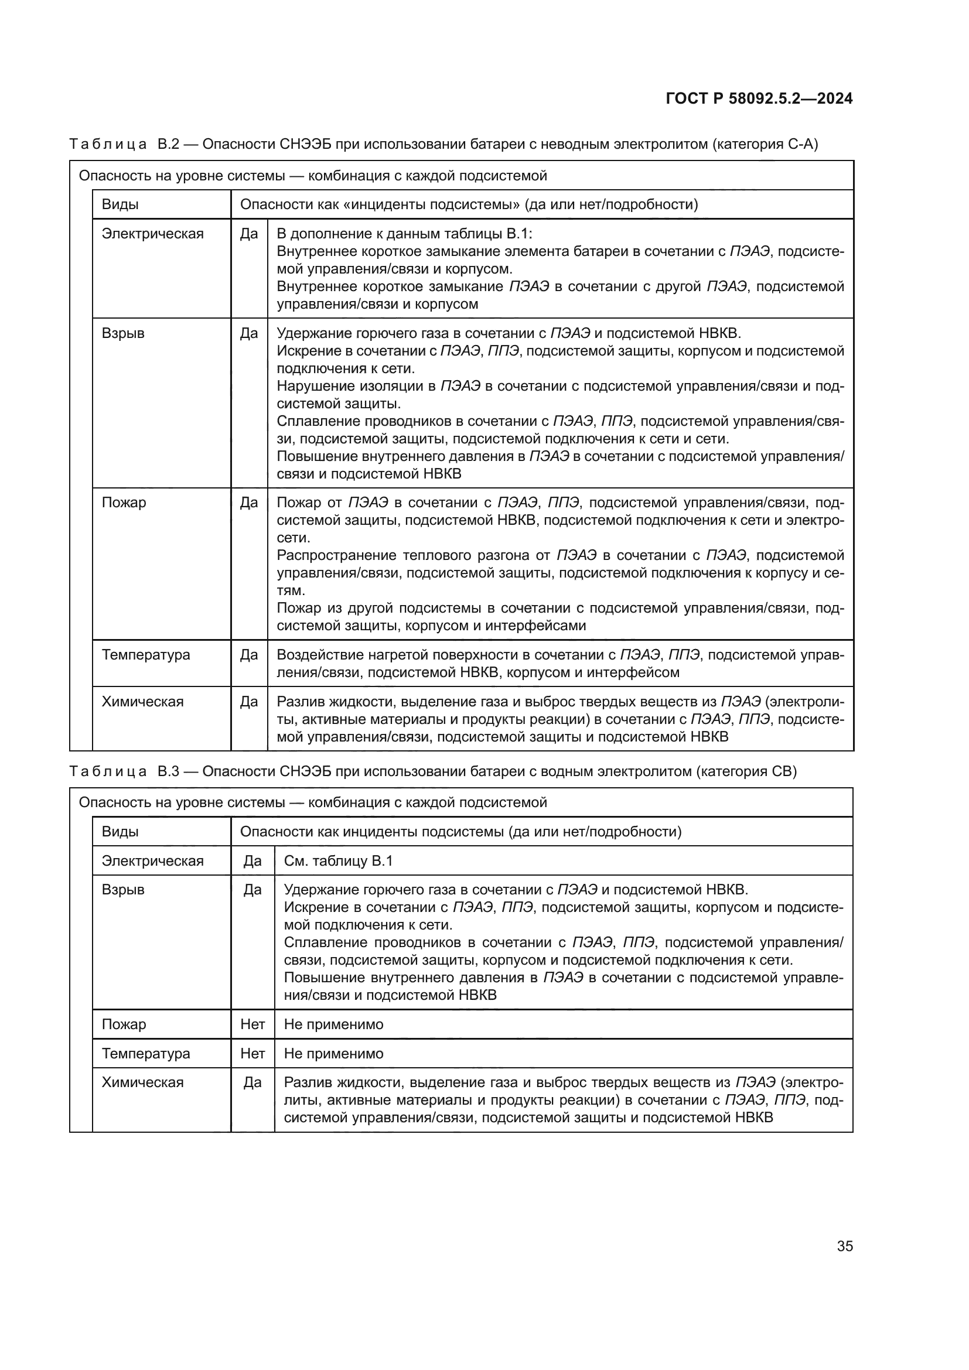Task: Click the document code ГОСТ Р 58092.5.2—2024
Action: (759, 98)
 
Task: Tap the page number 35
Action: (844, 1246)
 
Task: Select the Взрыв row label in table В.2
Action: (123, 333)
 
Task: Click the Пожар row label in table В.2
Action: (124, 503)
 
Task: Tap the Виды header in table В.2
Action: (120, 204)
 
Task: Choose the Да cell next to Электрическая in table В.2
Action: (249, 234)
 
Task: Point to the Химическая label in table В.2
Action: (142, 701)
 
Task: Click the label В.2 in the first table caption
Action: (168, 145)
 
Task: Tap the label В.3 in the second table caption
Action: (168, 771)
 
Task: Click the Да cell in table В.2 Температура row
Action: (249, 655)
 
